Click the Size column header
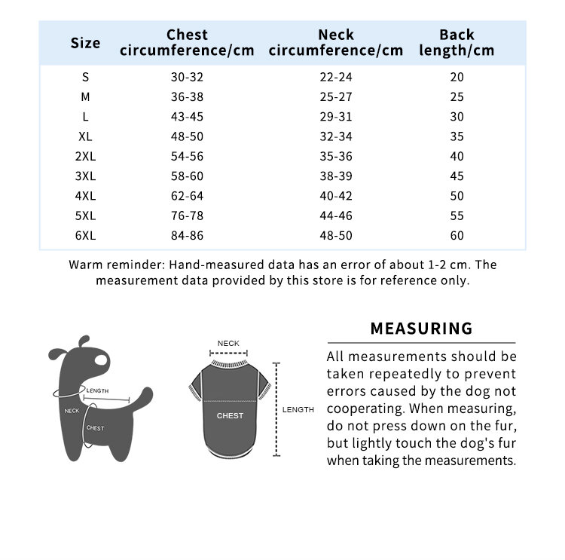[85, 43]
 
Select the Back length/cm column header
[457, 43]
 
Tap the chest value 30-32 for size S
[187, 77]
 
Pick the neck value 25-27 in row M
[335, 96]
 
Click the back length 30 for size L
[457, 117]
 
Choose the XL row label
[85, 136]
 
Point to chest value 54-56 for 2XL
[187, 156]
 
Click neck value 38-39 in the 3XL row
[335, 176]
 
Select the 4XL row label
[85, 196]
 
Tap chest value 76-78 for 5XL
[187, 216]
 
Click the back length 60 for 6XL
[457, 235]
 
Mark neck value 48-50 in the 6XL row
[335, 235]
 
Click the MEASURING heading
[421, 329]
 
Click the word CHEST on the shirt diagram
[230, 415]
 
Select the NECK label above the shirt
[228, 344]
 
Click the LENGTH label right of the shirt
[298, 409]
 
